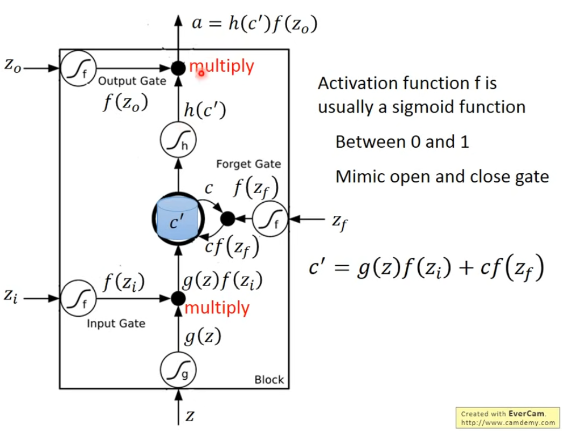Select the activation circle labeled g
tap(178, 371)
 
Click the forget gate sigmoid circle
tap(270, 219)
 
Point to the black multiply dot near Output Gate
tap(178, 68)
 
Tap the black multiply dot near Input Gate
tap(178, 298)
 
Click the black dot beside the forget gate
tap(228, 219)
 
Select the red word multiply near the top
tap(221, 66)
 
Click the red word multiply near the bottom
tap(217, 308)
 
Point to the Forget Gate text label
tap(248, 164)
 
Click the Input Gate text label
tap(116, 324)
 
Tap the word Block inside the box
tap(269, 380)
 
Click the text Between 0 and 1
tap(402, 142)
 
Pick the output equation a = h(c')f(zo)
tap(254, 24)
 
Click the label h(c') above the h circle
tap(204, 111)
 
